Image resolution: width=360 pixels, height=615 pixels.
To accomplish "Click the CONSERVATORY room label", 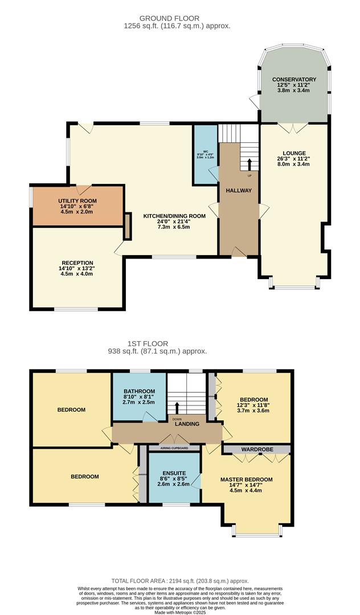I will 294,79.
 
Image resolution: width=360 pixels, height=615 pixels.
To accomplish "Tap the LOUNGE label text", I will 294,153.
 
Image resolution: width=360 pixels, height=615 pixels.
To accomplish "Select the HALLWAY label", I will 238,190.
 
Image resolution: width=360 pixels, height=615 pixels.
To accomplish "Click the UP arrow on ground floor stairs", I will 249,164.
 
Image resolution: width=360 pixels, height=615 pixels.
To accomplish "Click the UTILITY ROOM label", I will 77,201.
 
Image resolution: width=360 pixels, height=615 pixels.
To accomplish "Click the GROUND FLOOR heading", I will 177,19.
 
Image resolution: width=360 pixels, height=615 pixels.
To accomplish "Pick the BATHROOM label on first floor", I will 139,391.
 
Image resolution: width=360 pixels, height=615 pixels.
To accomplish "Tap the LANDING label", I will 187,424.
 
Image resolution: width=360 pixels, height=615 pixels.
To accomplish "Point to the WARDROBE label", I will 257,449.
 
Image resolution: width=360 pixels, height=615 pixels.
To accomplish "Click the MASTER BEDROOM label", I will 247,479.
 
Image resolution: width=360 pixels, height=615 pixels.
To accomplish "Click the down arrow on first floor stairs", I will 177,408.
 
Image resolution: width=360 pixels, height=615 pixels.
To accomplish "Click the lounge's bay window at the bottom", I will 294,285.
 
